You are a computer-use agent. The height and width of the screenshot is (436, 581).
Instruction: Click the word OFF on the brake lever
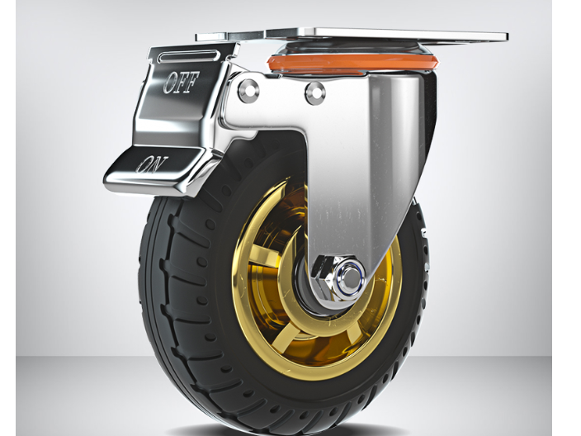pyautogui.click(x=182, y=82)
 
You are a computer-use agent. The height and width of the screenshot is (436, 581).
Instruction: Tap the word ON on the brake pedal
pyautogui.click(x=151, y=164)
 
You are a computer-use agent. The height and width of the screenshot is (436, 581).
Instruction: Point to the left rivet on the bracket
pyautogui.click(x=248, y=91)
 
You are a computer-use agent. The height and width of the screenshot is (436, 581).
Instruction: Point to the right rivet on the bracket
pyautogui.click(x=315, y=92)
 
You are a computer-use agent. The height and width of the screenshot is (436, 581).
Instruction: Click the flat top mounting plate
pyautogui.click(x=352, y=35)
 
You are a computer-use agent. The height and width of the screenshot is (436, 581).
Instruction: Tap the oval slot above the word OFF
pyautogui.click(x=189, y=56)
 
